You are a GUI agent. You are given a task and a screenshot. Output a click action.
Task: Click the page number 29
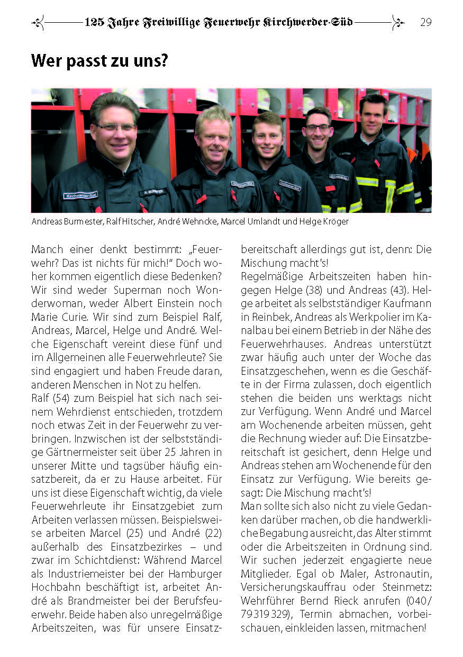[x=425, y=22]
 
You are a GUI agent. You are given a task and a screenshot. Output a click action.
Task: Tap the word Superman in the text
[x=136, y=290]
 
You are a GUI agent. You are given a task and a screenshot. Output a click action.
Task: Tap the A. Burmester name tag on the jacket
[x=152, y=192]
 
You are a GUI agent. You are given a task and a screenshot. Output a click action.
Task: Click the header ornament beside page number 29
[x=398, y=22]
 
